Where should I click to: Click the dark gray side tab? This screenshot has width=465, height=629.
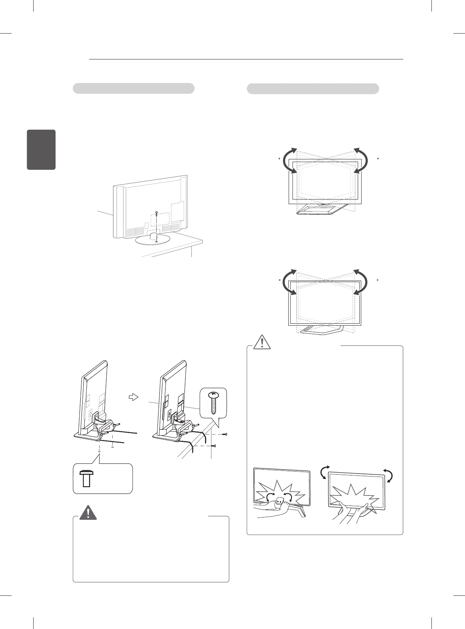pyautogui.click(x=41, y=150)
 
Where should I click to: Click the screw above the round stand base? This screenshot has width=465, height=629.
pyautogui.click(x=157, y=213)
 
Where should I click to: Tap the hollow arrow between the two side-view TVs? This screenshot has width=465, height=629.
pyautogui.click(x=133, y=397)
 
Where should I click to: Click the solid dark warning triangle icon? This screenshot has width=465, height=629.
pyautogui.click(x=88, y=512)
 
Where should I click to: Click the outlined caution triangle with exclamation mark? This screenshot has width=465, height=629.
pyautogui.click(x=262, y=342)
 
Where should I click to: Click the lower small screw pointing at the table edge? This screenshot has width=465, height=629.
pyautogui.click(x=215, y=446)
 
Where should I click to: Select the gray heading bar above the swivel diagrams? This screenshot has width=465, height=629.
pyautogui.click(x=313, y=88)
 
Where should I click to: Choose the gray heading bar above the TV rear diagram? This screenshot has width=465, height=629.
pyautogui.click(x=134, y=88)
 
